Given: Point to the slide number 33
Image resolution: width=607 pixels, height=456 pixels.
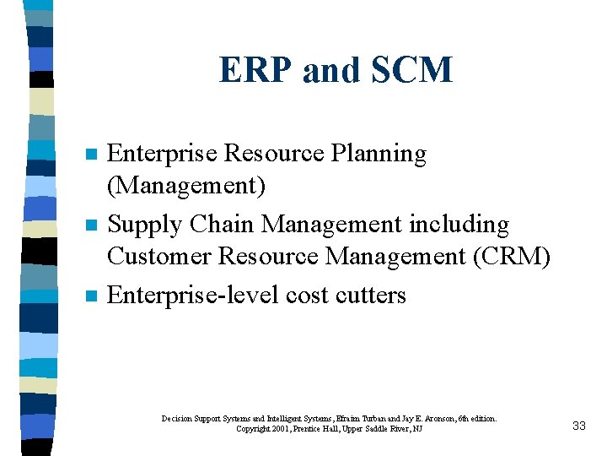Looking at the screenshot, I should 578,426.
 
